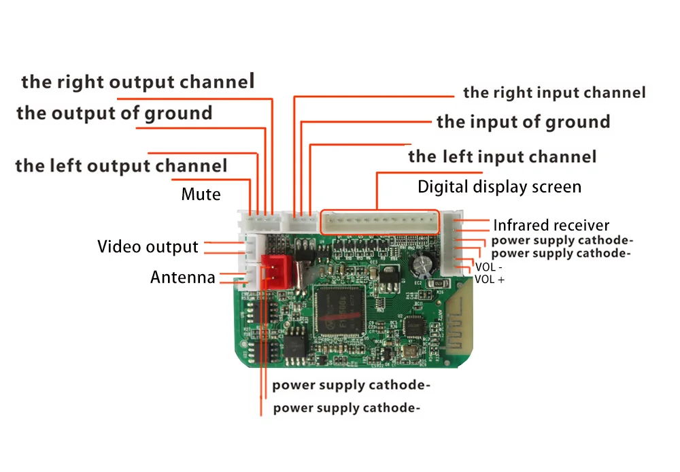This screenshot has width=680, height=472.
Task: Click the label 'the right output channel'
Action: [137, 82]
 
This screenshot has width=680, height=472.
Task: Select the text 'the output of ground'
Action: [114, 113]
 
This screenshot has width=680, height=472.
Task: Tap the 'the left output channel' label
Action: [121, 165]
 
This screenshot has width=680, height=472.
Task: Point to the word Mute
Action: [201, 195]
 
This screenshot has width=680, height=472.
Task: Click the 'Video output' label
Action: [148, 246]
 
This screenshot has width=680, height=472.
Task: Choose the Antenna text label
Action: [182, 277]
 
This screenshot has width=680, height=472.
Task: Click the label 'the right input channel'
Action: [554, 92]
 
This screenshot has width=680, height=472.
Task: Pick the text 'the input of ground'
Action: [523, 122]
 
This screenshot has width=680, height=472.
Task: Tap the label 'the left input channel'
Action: [502, 157]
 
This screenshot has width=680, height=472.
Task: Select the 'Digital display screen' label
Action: [499, 186]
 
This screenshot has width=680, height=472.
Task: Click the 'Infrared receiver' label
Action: [551, 225]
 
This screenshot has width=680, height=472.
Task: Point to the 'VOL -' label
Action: [489, 267]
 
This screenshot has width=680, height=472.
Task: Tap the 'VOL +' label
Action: [490, 279]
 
